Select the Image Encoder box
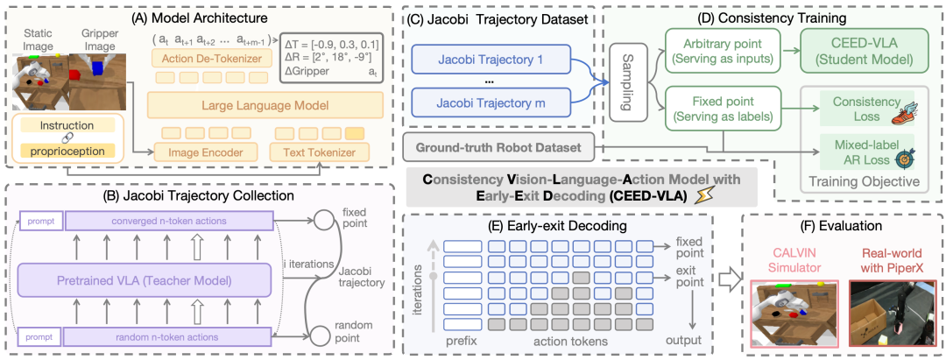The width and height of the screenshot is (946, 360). click(x=206, y=152)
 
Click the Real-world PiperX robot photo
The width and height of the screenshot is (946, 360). click(x=889, y=311)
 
